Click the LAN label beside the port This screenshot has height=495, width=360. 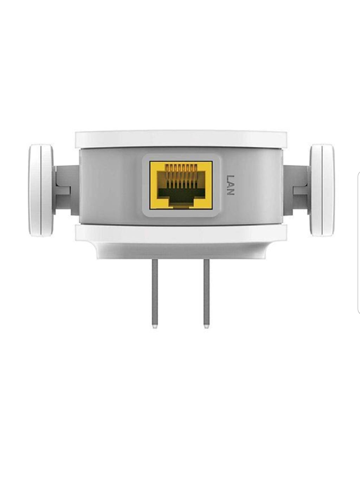pos(230,185)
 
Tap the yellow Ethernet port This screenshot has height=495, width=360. pos(181,185)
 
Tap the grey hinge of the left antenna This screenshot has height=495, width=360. pos(66,190)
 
